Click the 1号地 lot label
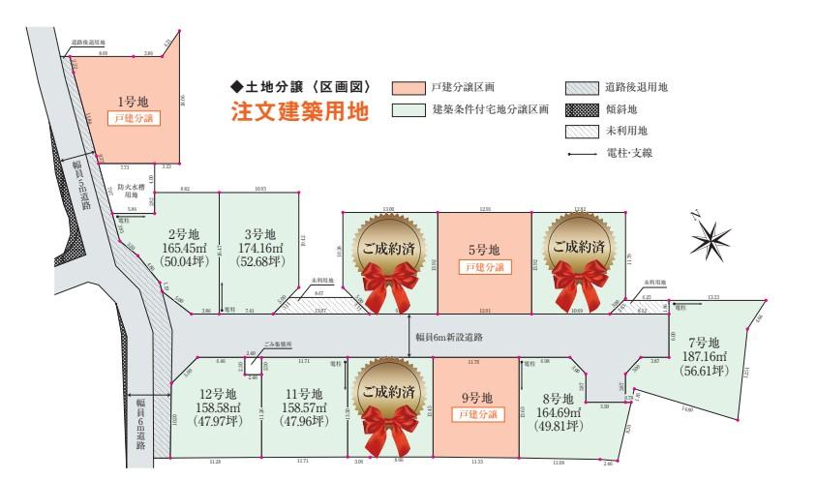tap(126, 101)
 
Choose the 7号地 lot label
tap(702, 342)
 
